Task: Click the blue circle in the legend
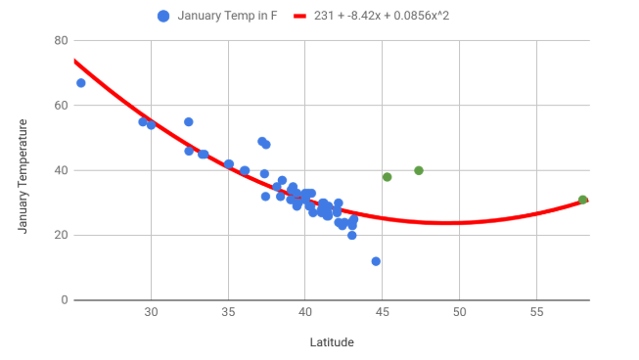[x=163, y=17]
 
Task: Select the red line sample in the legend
[x=297, y=17]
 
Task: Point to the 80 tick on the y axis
[x=61, y=41]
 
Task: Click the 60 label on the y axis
[x=61, y=106]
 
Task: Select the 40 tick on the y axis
[x=61, y=170]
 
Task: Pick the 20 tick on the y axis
[x=61, y=236]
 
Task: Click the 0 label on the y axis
[x=64, y=300]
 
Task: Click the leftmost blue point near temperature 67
[x=81, y=83]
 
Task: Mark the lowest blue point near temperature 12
[x=376, y=261]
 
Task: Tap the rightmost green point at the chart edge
[x=583, y=200]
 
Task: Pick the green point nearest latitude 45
[x=388, y=177]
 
